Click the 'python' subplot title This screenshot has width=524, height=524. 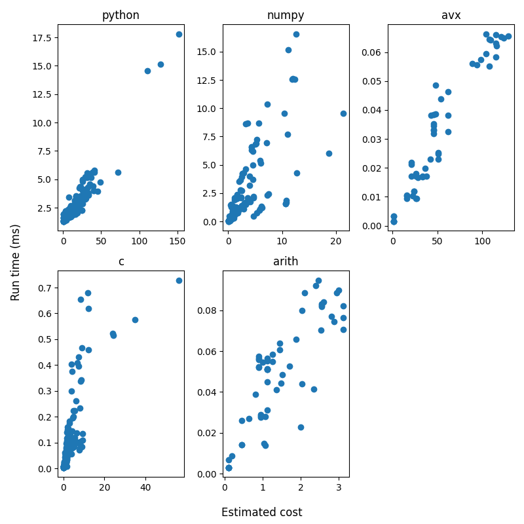click(121, 16)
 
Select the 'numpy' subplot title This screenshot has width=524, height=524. click(286, 16)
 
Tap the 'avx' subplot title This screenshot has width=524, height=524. click(451, 16)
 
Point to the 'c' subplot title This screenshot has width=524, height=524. click(121, 262)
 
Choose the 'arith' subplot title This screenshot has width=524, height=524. click(286, 262)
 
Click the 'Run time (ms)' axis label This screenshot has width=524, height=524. click(16, 262)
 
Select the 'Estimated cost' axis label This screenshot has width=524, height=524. click(261, 512)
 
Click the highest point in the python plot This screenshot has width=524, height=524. click(179, 34)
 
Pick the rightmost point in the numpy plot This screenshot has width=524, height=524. click(343, 113)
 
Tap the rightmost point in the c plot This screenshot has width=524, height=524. click(179, 280)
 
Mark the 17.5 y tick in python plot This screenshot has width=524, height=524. click(44, 38)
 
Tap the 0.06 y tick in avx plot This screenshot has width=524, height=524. click(373, 52)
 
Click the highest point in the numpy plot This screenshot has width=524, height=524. click(296, 34)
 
